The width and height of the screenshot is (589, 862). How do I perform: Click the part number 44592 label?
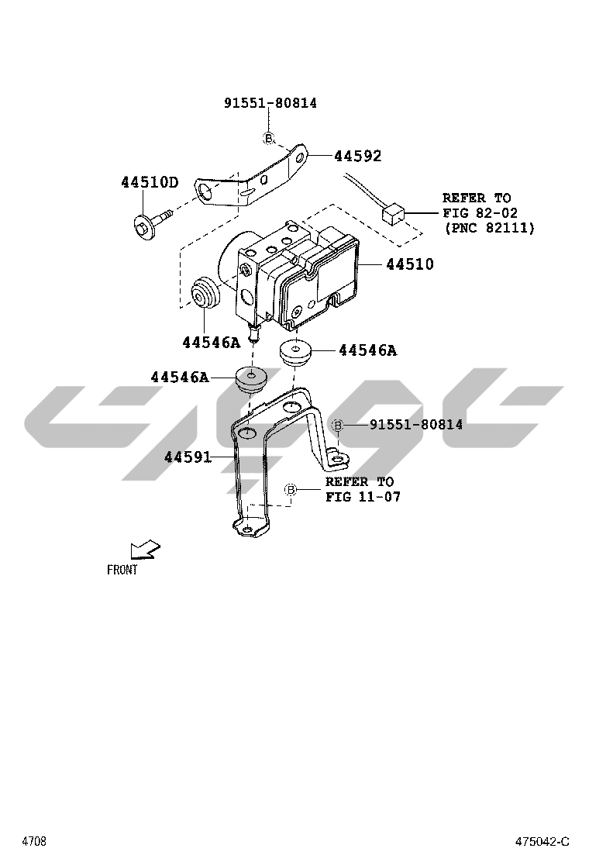(358, 156)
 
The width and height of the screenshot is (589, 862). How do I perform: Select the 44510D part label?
(150, 182)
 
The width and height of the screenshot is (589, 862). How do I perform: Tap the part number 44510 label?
(410, 264)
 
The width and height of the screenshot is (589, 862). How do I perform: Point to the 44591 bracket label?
(188, 457)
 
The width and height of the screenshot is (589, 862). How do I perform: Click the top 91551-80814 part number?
(270, 103)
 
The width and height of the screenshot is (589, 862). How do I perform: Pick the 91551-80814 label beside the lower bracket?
(416, 424)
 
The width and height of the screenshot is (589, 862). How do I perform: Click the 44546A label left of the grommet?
(180, 377)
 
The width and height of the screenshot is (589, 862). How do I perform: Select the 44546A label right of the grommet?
(367, 350)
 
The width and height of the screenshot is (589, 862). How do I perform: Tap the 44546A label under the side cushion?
(212, 343)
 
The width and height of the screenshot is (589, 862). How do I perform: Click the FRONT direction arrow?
(145, 550)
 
